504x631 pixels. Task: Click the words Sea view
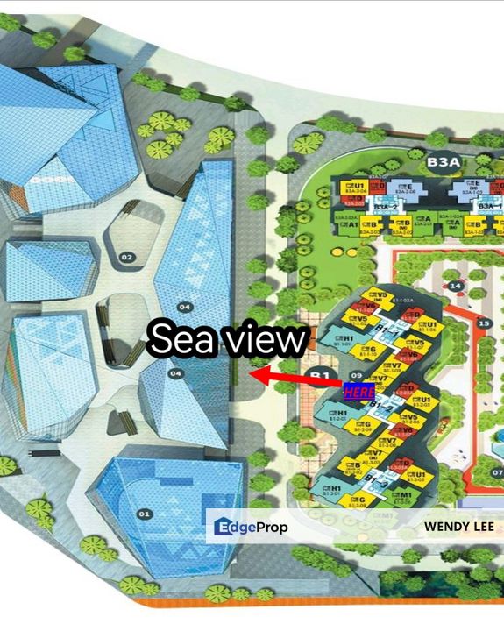(x=228, y=339)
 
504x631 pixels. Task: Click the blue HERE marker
(x=357, y=392)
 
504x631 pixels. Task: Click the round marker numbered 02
(x=127, y=257)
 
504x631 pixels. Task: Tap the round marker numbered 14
(x=455, y=286)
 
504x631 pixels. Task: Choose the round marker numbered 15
(x=483, y=323)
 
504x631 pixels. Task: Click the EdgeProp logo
(x=251, y=528)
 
